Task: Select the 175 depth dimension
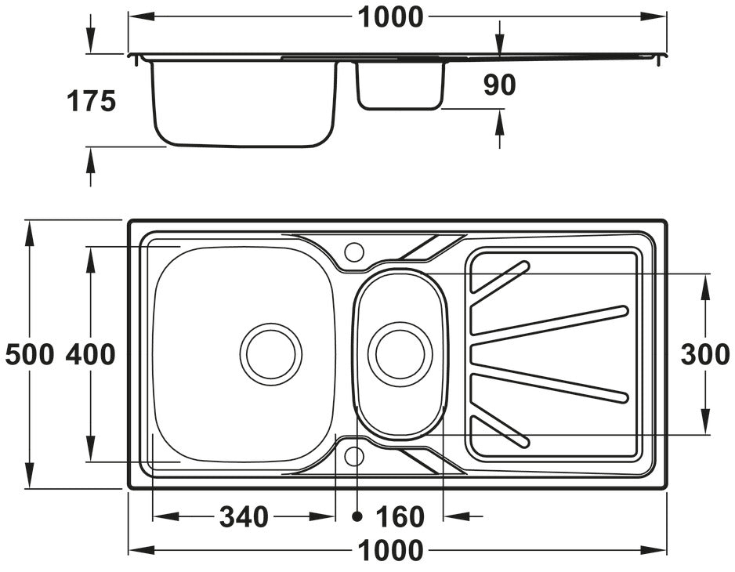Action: [91, 101]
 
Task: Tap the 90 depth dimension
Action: [499, 85]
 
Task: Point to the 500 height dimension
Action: [29, 354]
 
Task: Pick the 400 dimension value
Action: [90, 354]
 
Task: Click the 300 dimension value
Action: [705, 354]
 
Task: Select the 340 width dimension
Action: [244, 516]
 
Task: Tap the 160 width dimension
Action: [400, 516]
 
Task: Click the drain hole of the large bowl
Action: [270, 353]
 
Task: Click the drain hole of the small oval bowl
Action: [400, 353]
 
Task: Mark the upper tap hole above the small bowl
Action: [354, 252]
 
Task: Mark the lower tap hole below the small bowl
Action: [354, 455]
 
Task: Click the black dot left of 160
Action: [357, 516]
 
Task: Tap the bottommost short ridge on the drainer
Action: [500, 432]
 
